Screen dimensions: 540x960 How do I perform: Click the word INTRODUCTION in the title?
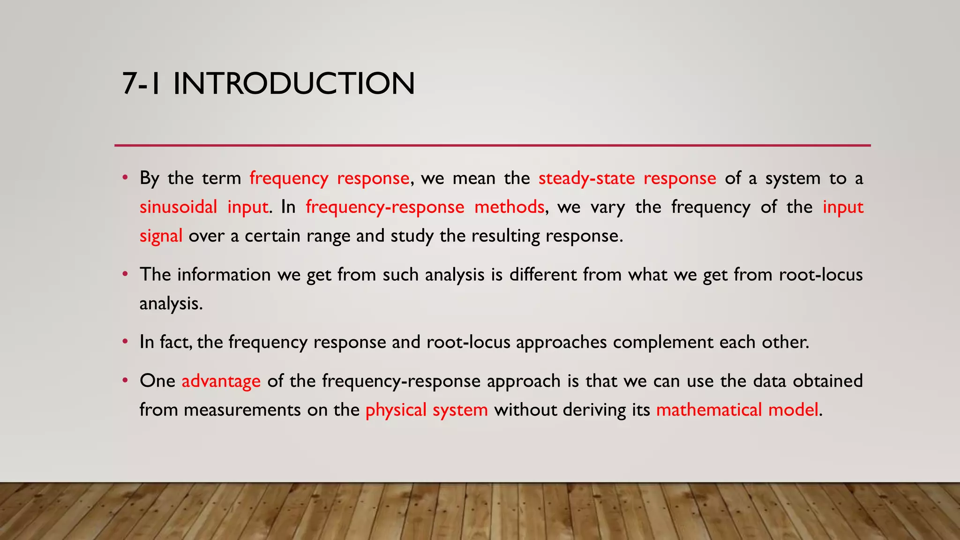[294, 84]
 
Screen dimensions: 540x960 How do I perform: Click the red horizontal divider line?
[492, 145]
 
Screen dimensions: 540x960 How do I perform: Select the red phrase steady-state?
[586, 178]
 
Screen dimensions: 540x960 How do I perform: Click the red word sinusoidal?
[178, 207]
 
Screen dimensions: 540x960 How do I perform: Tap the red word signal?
[161, 236]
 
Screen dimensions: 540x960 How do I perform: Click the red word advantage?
[221, 381]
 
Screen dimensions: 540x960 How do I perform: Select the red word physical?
[396, 410]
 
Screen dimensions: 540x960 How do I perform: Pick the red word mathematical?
[709, 410]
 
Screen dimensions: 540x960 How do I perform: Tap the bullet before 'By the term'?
[125, 178]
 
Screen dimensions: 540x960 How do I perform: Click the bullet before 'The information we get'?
[125, 274]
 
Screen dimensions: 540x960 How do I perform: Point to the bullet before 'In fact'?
[125, 342]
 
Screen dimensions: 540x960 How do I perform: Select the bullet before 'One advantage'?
[125, 381]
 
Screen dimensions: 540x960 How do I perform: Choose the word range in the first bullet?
[328, 236]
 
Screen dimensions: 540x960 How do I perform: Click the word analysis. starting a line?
[171, 304]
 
